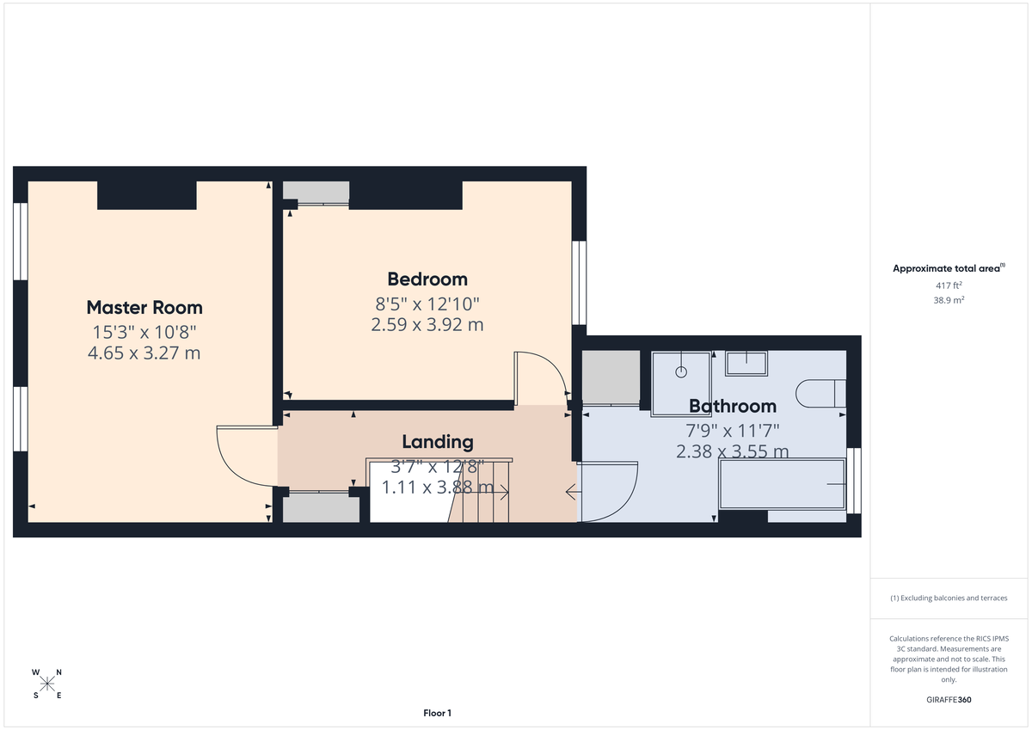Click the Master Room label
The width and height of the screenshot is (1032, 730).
144,307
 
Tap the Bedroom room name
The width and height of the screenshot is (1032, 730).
427,279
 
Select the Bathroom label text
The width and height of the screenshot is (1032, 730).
732,406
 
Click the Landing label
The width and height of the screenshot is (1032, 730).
438,442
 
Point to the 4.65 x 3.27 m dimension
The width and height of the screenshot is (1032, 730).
144,353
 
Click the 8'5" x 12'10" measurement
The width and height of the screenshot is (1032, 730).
427,304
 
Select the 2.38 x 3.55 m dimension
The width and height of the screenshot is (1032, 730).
732,451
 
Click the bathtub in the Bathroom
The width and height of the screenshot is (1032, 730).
782,484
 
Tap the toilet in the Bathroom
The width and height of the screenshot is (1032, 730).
821,393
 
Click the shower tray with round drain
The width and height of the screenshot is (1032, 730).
682,375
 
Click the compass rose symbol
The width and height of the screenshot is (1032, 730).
47,684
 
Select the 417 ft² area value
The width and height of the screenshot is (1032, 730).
949,285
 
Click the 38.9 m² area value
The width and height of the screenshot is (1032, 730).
949,300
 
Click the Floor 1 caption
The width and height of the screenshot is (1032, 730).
437,713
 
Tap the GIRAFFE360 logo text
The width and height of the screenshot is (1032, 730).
949,700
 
